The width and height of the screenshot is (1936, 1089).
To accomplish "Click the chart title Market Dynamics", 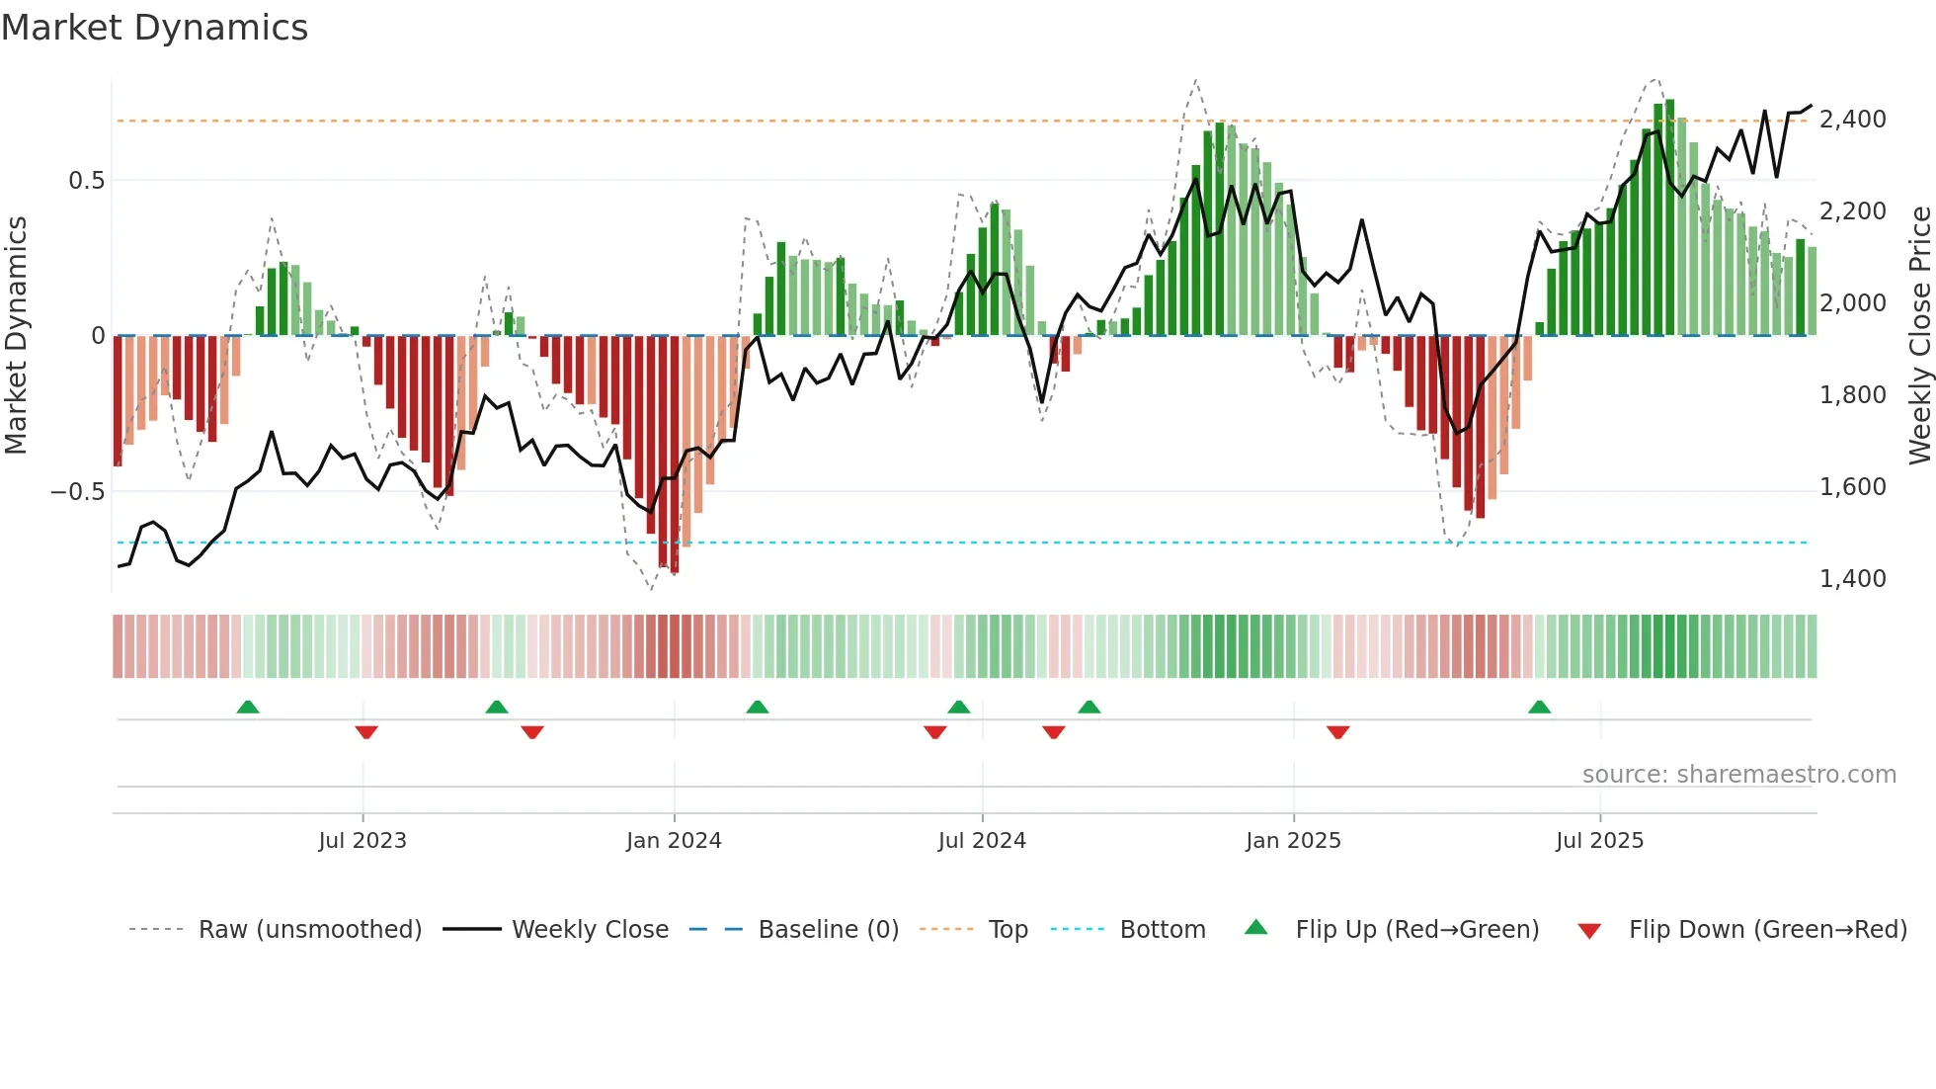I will point(154,28).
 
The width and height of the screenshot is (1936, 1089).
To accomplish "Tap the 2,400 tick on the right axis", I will point(1852,120).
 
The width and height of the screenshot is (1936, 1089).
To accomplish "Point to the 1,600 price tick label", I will point(1852,487).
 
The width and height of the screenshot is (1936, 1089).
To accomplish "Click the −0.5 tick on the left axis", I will point(78,492).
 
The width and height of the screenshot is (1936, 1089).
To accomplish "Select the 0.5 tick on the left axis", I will point(86,181).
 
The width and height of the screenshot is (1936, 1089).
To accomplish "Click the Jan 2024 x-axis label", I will point(674,841).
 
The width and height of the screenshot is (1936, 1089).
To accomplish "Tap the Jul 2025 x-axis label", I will point(1599,841).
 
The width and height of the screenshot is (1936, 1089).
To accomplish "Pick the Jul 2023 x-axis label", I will point(363,841).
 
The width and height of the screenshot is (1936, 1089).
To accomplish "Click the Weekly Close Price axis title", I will point(1919,335).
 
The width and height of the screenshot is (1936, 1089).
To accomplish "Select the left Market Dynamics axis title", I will point(16,335).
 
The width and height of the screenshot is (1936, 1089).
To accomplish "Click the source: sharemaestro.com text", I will point(1738,775).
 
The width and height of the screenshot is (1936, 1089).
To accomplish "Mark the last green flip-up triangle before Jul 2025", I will point(1539,707).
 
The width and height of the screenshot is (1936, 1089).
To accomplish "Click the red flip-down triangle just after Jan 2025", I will point(1338,732).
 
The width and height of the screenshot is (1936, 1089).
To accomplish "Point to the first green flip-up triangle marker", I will point(248,707).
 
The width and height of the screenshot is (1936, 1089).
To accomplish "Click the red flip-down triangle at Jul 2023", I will point(366,732).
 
